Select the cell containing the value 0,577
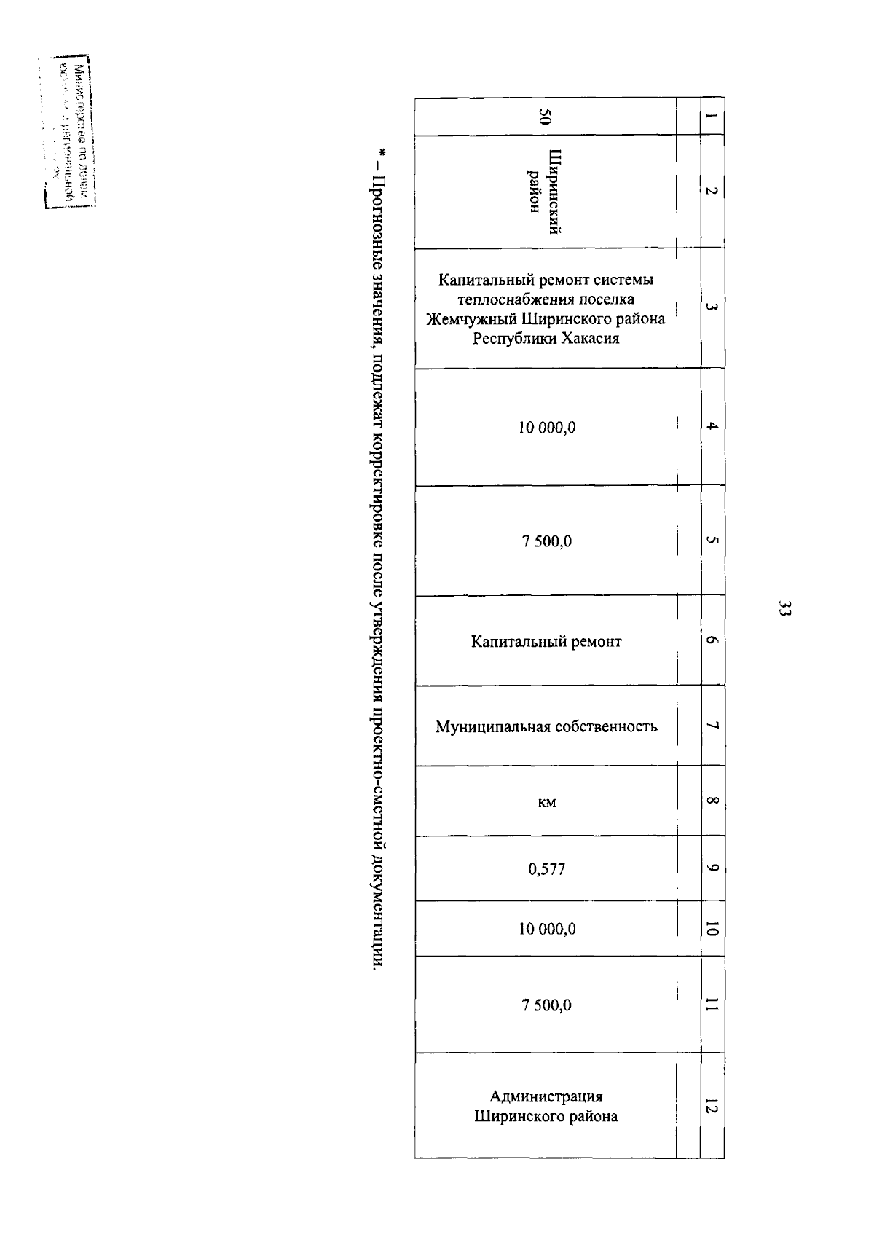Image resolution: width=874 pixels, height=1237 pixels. click(x=546, y=868)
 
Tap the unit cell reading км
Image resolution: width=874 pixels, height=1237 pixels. click(x=546, y=802)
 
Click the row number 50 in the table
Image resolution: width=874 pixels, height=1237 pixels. click(x=546, y=117)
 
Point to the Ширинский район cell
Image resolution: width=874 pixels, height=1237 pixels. click(x=546, y=192)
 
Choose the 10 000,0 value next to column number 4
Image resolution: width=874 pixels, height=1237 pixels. click(x=546, y=428)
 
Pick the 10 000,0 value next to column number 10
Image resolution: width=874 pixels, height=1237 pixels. click(x=546, y=929)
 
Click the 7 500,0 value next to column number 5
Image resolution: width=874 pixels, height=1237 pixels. click(x=546, y=541)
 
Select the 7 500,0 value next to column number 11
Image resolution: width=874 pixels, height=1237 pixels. click(x=546, y=1005)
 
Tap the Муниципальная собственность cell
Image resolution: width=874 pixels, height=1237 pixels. click(x=546, y=726)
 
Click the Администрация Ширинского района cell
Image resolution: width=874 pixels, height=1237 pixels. click(x=546, y=1106)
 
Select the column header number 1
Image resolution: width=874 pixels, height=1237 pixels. click(x=712, y=117)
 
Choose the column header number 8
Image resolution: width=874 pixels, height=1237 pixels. click(x=712, y=801)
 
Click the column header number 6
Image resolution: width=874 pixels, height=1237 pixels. click(x=712, y=641)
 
